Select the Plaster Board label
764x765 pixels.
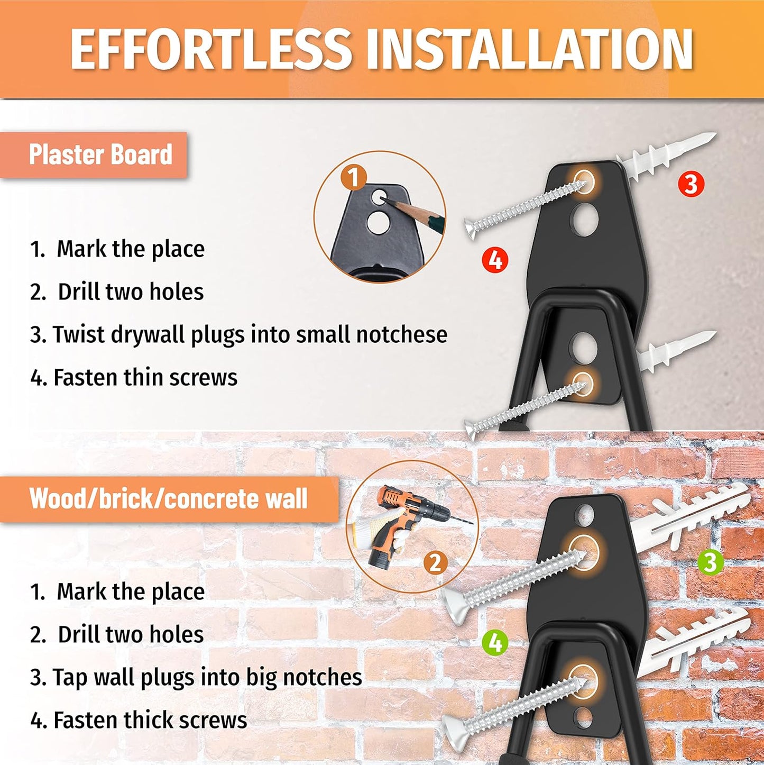pyautogui.click(x=100, y=154)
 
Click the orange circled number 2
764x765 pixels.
pyautogui.click(x=435, y=562)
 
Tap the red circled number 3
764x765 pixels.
pyautogui.click(x=691, y=184)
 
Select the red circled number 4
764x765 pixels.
pyautogui.click(x=495, y=261)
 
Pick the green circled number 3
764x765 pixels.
pyautogui.click(x=710, y=562)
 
